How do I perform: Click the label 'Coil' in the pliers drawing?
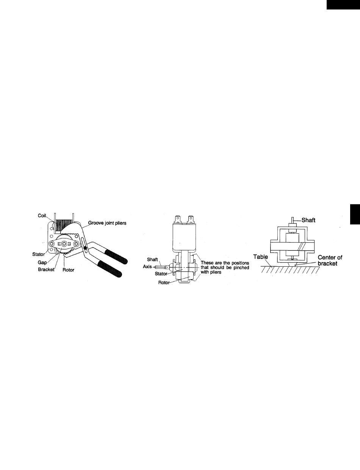pos(42,215)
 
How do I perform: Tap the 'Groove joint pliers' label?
pos(107,223)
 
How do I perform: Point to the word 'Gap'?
pos(42,263)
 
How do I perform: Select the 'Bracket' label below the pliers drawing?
pos(46,269)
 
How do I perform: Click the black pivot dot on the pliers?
pos(85,248)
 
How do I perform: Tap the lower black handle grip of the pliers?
pos(110,269)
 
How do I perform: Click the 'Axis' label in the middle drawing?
pos(147,267)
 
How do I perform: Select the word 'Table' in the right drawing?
pos(260,257)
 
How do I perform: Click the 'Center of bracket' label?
pos(330,260)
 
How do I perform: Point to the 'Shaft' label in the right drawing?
pos(308,220)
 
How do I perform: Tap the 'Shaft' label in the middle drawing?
pos(152,259)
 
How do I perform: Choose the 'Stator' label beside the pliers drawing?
pos(39,254)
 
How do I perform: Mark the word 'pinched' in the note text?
pos(241,267)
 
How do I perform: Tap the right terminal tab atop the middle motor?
pos(191,219)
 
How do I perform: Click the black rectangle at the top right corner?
pos(343,5)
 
